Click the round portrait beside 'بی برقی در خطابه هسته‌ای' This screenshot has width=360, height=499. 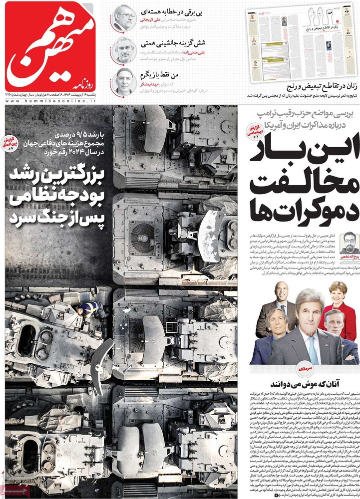[124, 18]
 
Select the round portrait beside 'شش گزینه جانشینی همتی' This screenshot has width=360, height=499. [124, 50]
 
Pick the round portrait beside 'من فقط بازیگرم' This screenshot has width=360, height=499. [124, 81]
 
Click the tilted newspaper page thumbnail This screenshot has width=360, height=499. [298, 46]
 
